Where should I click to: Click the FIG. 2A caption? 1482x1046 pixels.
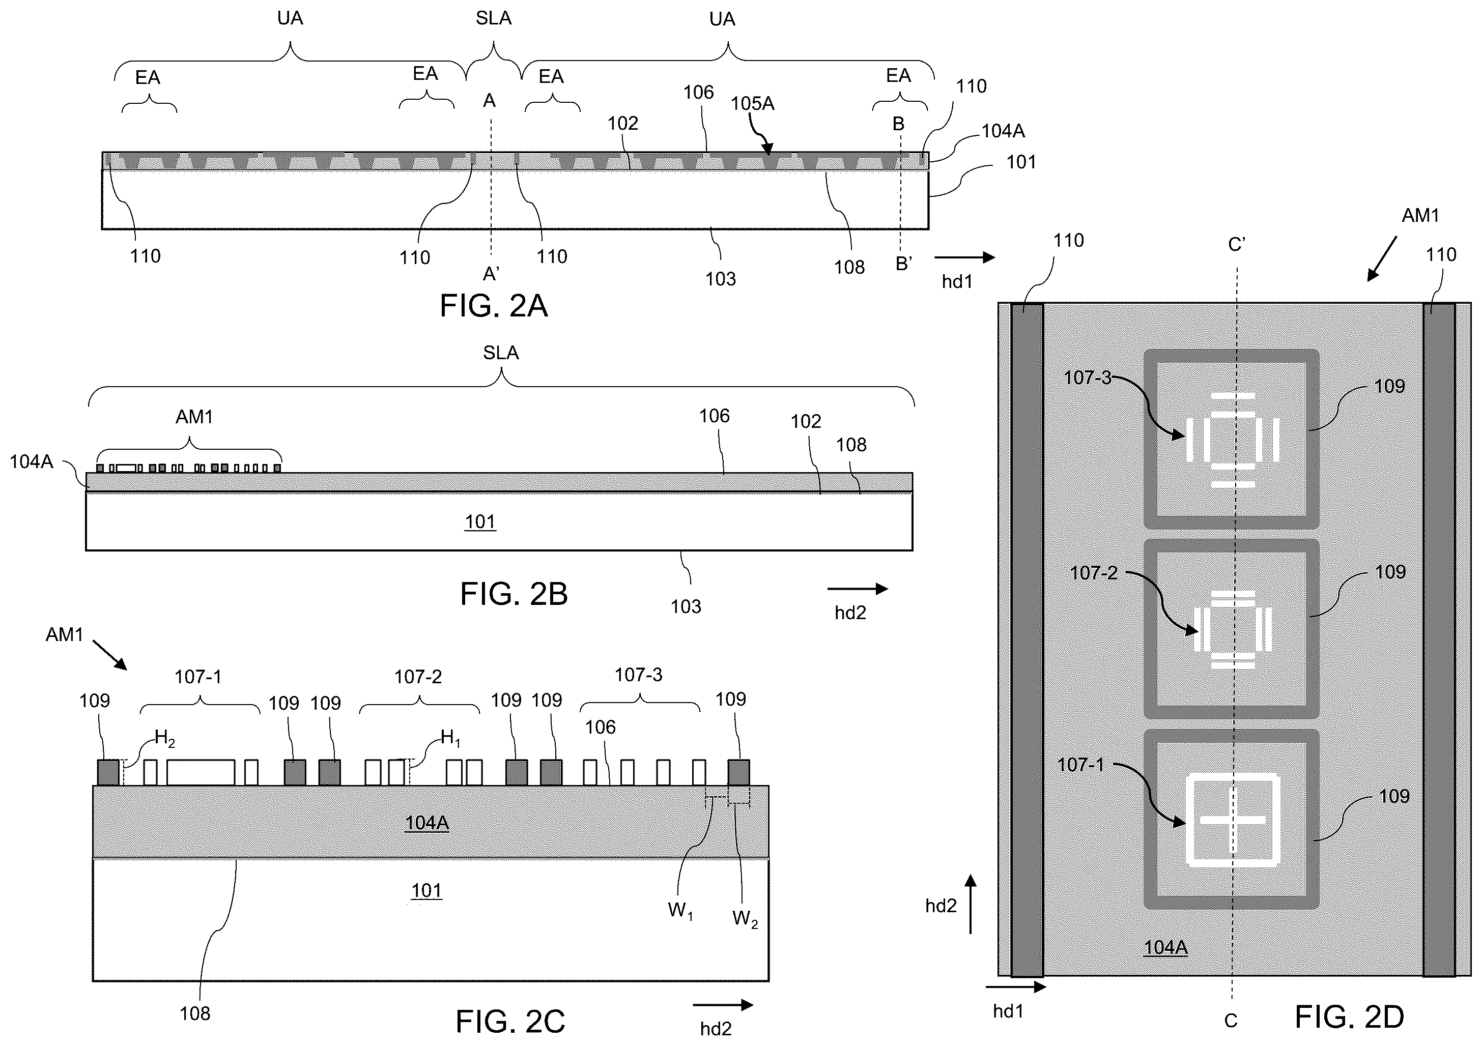(x=494, y=305)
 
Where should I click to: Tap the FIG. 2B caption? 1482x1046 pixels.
(x=514, y=594)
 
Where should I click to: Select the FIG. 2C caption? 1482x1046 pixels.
(x=510, y=1022)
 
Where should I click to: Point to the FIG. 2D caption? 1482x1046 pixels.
(x=1350, y=1018)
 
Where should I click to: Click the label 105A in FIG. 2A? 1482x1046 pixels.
(x=753, y=104)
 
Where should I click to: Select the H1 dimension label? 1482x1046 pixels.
(x=450, y=738)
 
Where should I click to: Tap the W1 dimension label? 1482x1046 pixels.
(x=680, y=911)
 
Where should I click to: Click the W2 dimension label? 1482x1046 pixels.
(x=745, y=919)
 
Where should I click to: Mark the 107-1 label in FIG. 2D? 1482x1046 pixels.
(x=1080, y=765)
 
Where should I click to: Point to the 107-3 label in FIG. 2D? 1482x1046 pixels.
(x=1088, y=377)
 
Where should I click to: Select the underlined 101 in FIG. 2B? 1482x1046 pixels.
(x=480, y=522)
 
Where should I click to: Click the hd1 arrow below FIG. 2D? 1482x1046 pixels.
(x=1015, y=986)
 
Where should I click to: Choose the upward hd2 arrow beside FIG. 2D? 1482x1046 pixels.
(x=971, y=904)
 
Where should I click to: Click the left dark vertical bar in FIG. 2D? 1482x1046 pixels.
(x=1027, y=640)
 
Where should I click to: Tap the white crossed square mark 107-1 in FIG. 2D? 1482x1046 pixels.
(x=1232, y=819)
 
